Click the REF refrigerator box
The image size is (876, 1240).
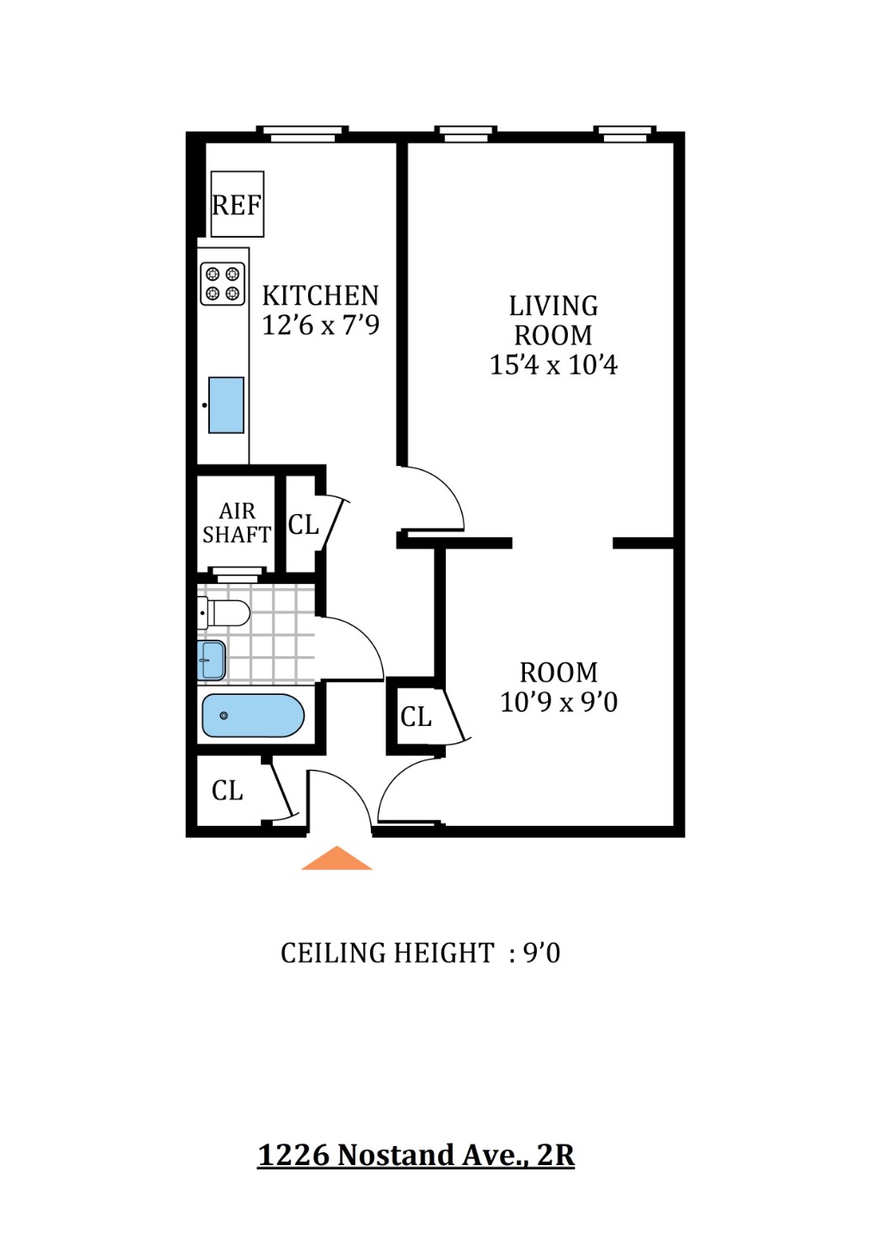pyautogui.click(x=237, y=204)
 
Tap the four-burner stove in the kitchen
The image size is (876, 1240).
pyautogui.click(x=222, y=284)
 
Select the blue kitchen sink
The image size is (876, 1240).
pyautogui.click(x=226, y=405)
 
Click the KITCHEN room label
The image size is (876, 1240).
pyautogui.click(x=320, y=295)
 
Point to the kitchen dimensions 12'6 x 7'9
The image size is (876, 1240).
pyautogui.click(x=320, y=325)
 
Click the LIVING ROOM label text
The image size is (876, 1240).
pyautogui.click(x=553, y=320)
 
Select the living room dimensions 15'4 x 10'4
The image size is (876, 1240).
pyautogui.click(x=553, y=364)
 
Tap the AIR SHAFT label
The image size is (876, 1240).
pyautogui.click(x=237, y=523)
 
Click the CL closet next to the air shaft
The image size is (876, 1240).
pyautogui.click(x=303, y=524)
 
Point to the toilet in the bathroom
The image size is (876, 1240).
pyautogui.click(x=225, y=613)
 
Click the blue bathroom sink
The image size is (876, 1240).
pyautogui.click(x=212, y=660)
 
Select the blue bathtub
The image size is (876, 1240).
pyautogui.click(x=253, y=716)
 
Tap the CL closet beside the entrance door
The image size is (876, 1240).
pyautogui.click(x=228, y=790)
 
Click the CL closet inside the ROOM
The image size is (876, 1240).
pyautogui.click(x=416, y=716)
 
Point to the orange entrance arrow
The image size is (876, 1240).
pyautogui.click(x=336, y=859)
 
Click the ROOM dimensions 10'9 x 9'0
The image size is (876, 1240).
pyautogui.click(x=558, y=702)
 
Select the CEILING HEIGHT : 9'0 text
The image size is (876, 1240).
pyautogui.click(x=420, y=953)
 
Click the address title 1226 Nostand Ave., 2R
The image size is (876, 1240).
pyautogui.click(x=416, y=1154)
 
